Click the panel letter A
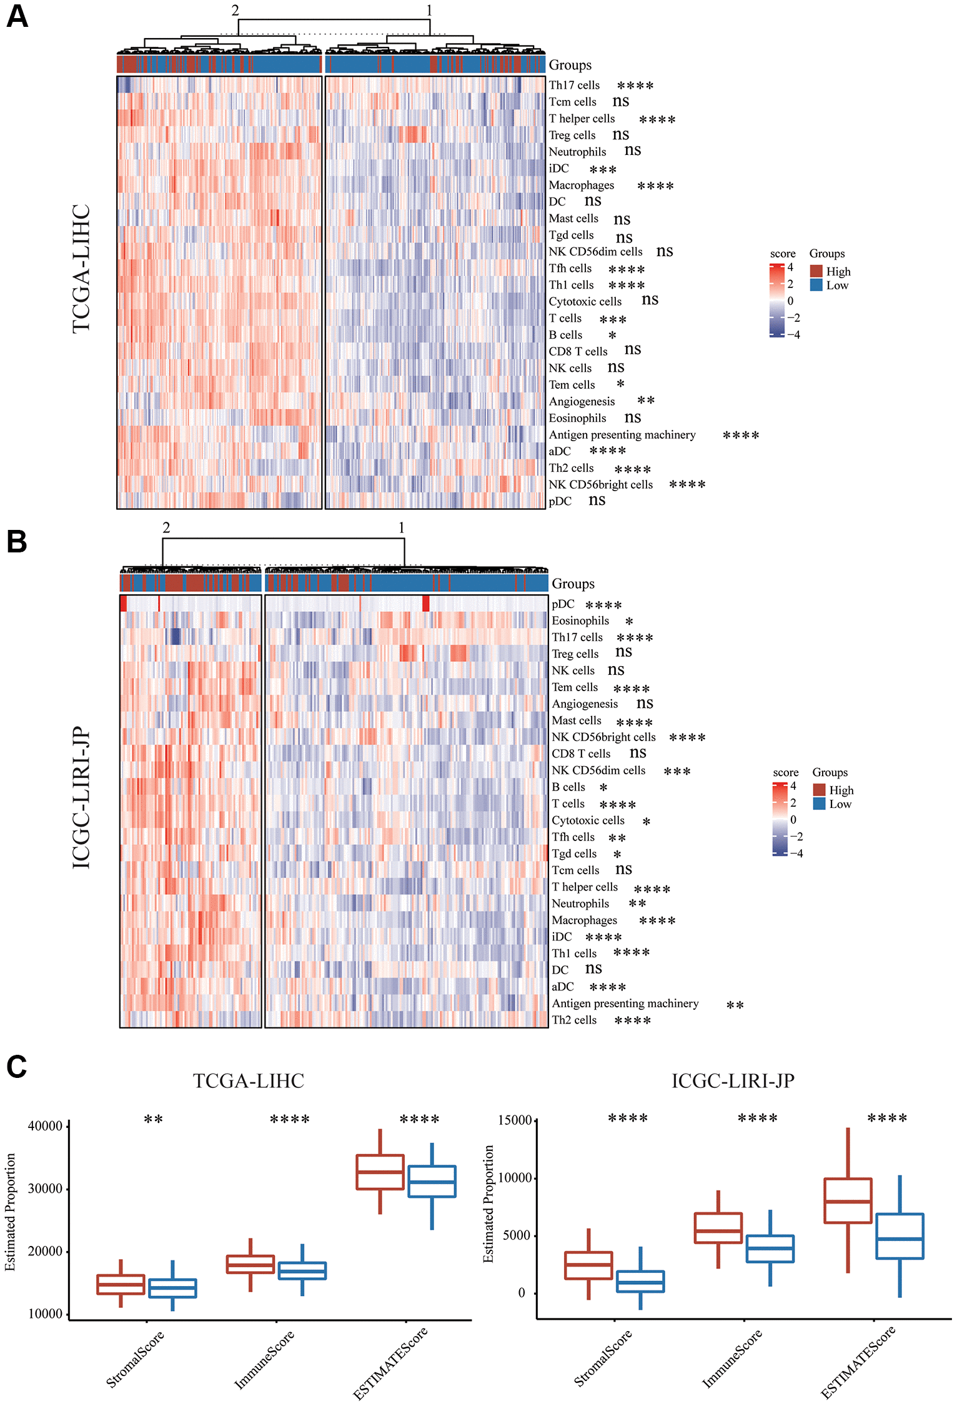coord(17,16)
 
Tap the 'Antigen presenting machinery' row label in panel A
coord(622,435)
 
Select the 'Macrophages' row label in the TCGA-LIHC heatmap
coord(581,185)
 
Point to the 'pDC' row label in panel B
coord(562,604)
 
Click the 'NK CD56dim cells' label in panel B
coord(598,770)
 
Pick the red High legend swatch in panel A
coord(816,271)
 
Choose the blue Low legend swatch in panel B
coord(819,804)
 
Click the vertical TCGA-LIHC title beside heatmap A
coord(82,269)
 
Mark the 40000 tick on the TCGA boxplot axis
coord(46,1126)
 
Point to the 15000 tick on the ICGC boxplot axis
coord(515,1120)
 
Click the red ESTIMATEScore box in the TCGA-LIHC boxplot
coord(380,1172)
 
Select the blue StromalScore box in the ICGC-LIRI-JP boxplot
coord(640,1281)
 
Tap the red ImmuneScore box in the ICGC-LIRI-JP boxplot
coord(718,1228)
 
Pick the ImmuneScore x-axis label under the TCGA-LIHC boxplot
coord(264,1359)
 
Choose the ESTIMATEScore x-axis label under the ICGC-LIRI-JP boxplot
coord(857,1362)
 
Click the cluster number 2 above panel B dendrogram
coord(166,528)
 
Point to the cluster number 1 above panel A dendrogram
coord(429,11)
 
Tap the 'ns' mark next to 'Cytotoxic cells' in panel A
coord(650,300)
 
